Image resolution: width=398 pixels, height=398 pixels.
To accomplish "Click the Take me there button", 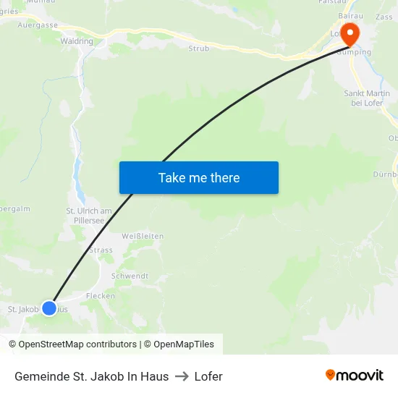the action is click(x=199, y=177).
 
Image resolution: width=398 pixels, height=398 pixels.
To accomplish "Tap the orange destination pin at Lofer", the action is click(x=350, y=33).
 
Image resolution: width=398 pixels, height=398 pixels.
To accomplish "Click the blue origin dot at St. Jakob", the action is click(x=49, y=308).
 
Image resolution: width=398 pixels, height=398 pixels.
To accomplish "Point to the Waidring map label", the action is click(x=77, y=41).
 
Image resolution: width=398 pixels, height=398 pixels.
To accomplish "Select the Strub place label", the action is click(x=198, y=48).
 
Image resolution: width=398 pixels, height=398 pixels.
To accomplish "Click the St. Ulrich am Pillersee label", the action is click(x=89, y=216).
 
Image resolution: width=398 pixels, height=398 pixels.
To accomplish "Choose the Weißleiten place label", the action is click(x=143, y=237).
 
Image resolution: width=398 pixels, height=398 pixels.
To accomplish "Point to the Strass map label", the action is click(x=100, y=250).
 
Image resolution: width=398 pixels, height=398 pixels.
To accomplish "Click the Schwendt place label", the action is click(x=130, y=276).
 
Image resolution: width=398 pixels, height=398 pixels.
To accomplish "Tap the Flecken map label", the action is click(x=101, y=296).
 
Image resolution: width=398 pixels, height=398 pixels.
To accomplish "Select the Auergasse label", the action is click(x=38, y=24).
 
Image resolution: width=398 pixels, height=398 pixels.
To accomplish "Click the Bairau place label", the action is click(x=350, y=15).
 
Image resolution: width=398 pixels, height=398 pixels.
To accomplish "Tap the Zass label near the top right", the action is click(x=384, y=17).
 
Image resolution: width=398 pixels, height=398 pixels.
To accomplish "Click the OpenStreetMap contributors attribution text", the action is click(x=77, y=344).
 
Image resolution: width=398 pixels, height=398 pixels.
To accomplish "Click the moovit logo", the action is click(x=354, y=376).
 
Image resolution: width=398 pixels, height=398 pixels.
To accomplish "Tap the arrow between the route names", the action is click(x=182, y=376).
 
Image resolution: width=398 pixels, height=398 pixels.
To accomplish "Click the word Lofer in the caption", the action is click(x=208, y=376).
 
